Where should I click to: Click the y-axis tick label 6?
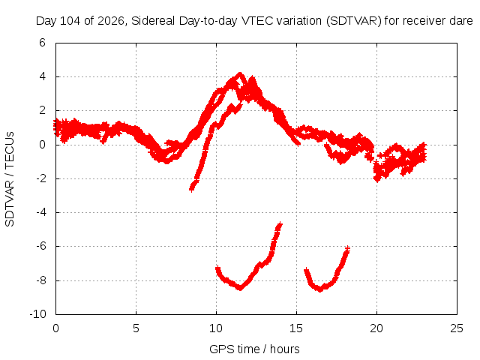(x=42, y=43)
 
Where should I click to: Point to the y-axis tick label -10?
(x=38, y=314)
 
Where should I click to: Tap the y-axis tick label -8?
(x=40, y=280)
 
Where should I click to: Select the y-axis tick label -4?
(x=40, y=212)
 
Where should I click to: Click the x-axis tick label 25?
(x=457, y=328)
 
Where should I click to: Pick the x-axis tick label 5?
(x=136, y=328)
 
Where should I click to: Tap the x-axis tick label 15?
(x=296, y=328)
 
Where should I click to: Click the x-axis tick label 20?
(x=376, y=328)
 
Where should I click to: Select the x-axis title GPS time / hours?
(x=254, y=349)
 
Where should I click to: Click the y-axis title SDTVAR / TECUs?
(x=10, y=179)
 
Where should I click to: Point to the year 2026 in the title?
(x=110, y=21)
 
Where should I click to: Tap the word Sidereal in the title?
(x=153, y=21)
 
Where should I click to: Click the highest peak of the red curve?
(x=240, y=73)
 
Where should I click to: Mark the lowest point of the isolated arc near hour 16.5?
(x=320, y=289)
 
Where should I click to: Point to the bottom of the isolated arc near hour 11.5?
(x=241, y=288)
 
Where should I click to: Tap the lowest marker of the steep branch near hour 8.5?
(x=192, y=190)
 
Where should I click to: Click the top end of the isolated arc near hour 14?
(x=280, y=225)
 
